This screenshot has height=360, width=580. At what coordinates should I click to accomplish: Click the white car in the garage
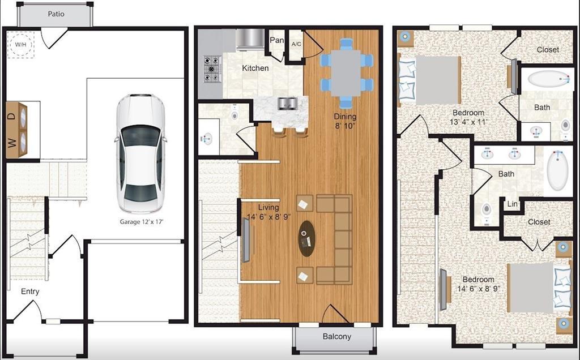tap(140, 154)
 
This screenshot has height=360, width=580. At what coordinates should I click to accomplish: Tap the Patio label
tap(56, 14)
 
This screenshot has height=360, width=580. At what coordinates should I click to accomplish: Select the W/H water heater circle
tap(21, 45)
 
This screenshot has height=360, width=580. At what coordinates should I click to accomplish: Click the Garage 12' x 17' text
tap(142, 222)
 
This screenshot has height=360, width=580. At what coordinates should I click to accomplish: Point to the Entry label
tap(30, 292)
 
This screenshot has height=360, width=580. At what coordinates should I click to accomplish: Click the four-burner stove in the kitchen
tap(212, 68)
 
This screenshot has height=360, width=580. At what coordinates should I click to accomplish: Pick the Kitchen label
tap(255, 68)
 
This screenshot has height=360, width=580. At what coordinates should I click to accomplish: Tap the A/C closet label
tap(296, 44)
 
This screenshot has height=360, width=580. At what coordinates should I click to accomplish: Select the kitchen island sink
tap(287, 103)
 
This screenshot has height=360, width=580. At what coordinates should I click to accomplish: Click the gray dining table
tap(346, 73)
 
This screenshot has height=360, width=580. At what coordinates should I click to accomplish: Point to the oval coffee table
tap(306, 238)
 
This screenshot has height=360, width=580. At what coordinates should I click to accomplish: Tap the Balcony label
tap(336, 336)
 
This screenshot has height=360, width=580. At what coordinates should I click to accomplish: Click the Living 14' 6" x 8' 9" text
tap(269, 212)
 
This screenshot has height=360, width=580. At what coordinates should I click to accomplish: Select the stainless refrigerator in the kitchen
tap(250, 39)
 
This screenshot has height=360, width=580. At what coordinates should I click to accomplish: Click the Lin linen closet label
tap(512, 204)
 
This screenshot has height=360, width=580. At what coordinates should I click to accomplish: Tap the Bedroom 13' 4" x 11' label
tap(468, 117)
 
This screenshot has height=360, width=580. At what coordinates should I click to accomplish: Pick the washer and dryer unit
tap(16, 130)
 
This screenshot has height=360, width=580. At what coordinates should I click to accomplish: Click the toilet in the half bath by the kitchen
tap(234, 114)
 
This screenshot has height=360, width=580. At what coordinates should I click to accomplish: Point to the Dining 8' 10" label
tap(345, 121)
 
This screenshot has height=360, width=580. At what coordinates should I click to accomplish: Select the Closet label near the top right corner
tap(548, 49)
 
